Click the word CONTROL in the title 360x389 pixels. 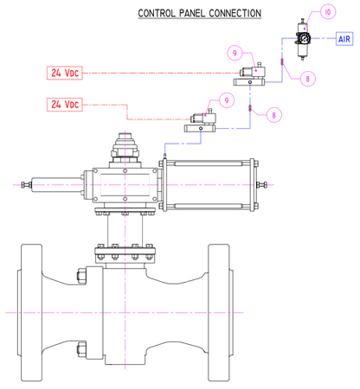tap(157, 13)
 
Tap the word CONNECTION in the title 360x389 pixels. tap(235, 13)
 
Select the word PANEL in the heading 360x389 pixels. tap(192, 13)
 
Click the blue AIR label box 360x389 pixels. tap(344, 39)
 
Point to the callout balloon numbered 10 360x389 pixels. tap(328, 12)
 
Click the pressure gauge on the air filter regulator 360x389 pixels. tap(304, 38)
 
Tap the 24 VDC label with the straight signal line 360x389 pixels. tap(65, 73)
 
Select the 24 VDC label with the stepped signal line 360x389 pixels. tap(65, 105)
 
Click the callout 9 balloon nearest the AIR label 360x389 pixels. tap(235, 53)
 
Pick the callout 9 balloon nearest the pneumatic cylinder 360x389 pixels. tap(227, 100)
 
